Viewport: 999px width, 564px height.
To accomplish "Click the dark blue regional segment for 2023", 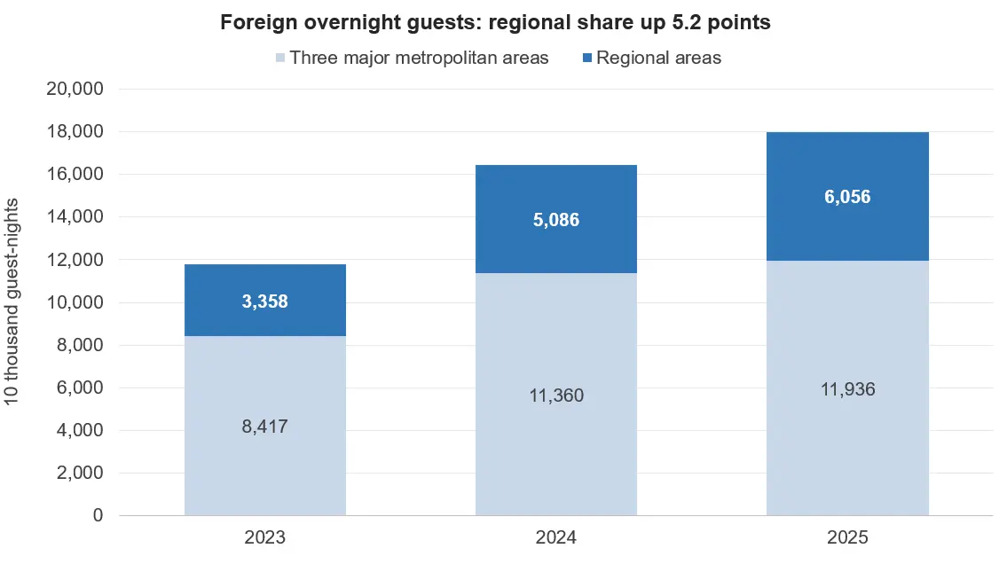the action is pyautogui.click(x=265, y=300).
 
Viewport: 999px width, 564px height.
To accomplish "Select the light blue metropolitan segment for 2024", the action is pyautogui.click(x=556, y=394).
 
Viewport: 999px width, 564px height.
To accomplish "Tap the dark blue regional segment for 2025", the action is pyautogui.click(x=847, y=196).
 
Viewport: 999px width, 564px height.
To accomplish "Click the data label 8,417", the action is pyautogui.click(x=265, y=426).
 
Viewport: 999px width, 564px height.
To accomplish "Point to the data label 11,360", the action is pyautogui.click(x=556, y=396).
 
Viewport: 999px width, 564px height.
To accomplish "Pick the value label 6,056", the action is pyautogui.click(x=847, y=197).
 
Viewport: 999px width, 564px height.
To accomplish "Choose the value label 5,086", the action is pyautogui.click(x=556, y=220).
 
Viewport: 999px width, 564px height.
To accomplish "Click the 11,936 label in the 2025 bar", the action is pyautogui.click(x=847, y=389).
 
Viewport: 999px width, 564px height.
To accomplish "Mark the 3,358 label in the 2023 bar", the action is pyautogui.click(x=265, y=302).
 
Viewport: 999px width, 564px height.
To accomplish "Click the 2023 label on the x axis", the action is pyautogui.click(x=265, y=537).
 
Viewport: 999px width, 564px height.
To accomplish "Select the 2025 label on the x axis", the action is pyautogui.click(x=847, y=537).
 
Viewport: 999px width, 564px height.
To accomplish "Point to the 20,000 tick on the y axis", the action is pyautogui.click(x=75, y=89).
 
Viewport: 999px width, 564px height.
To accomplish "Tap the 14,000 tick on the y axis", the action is pyautogui.click(x=75, y=216).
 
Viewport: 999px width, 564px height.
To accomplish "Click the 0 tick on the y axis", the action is pyautogui.click(x=98, y=515).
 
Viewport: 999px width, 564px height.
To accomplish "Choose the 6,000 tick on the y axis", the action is pyautogui.click(x=80, y=387).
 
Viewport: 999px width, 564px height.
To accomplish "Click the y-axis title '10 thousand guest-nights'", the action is pyautogui.click(x=12, y=302).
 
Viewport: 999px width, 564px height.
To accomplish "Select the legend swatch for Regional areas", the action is pyautogui.click(x=587, y=58).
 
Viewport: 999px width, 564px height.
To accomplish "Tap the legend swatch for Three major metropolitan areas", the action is pyautogui.click(x=280, y=58).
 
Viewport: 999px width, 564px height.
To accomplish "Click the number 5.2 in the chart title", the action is pyautogui.click(x=685, y=22).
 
